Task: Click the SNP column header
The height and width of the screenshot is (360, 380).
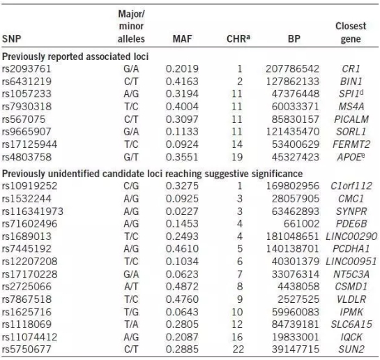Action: point(11,39)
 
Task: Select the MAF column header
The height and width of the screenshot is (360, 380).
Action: point(182,39)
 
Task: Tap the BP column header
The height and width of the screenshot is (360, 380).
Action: point(294,39)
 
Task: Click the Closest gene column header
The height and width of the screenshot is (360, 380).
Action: point(351,32)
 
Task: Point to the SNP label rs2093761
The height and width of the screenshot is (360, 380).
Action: point(26,69)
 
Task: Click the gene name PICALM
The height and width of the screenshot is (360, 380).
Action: point(351,119)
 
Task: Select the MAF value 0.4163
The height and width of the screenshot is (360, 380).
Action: point(182,82)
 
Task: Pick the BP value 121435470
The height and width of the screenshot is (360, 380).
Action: point(293,132)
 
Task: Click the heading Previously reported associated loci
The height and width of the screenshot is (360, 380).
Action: point(75,57)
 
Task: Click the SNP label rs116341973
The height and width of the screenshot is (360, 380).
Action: point(33,211)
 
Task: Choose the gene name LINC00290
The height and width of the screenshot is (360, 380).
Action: point(351,237)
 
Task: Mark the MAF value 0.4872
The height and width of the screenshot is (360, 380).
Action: point(182,287)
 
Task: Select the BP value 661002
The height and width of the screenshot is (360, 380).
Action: point(301,224)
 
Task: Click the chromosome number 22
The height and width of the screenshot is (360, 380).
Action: point(238,350)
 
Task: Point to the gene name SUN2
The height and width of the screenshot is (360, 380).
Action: point(351,350)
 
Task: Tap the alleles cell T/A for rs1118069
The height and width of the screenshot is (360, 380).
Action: point(131,324)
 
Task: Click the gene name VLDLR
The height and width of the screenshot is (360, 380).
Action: point(351,299)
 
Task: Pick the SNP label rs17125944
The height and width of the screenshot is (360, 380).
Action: point(29,144)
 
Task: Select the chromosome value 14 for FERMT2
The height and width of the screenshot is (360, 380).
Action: point(237,144)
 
